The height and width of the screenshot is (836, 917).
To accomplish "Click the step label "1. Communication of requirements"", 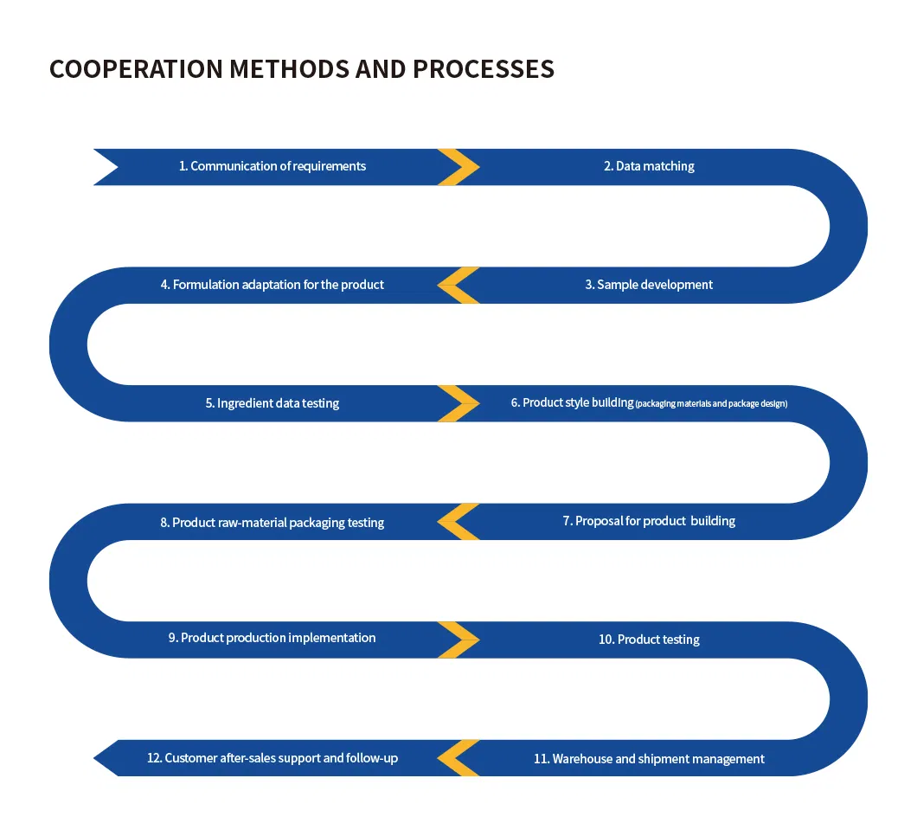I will pyautogui.click(x=273, y=166).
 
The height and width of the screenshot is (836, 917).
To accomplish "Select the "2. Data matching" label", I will pyautogui.click(x=649, y=166).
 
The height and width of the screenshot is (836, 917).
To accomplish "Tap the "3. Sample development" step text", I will pyautogui.click(x=649, y=285).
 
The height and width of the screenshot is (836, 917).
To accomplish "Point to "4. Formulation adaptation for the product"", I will pyautogui.click(x=273, y=285).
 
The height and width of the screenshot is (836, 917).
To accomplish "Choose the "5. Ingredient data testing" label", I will pyautogui.click(x=273, y=403).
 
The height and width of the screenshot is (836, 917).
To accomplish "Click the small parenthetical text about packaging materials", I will pyautogui.click(x=711, y=404).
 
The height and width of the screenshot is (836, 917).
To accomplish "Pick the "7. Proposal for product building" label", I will pyautogui.click(x=649, y=521).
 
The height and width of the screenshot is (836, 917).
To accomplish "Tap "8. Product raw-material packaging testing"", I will pyautogui.click(x=273, y=523).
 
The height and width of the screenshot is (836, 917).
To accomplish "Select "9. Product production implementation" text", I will pyautogui.click(x=273, y=638).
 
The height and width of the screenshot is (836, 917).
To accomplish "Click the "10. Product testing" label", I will pyautogui.click(x=649, y=640).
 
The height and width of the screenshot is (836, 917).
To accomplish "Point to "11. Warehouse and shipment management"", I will pyautogui.click(x=649, y=759).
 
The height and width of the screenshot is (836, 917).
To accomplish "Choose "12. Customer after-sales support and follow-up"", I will pyautogui.click(x=273, y=758).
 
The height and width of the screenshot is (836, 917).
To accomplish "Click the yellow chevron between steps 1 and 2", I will pyautogui.click(x=458, y=167).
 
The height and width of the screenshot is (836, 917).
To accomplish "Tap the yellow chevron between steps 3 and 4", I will pyautogui.click(x=458, y=286).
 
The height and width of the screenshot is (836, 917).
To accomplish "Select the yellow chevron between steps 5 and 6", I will pyautogui.click(x=458, y=403).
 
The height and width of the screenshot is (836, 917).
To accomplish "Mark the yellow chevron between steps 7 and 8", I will pyautogui.click(x=458, y=522).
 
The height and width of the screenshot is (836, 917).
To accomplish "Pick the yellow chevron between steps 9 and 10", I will pyautogui.click(x=458, y=640).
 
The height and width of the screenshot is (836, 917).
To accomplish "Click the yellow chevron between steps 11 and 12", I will pyautogui.click(x=458, y=758).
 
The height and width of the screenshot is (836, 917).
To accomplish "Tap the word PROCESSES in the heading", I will pyautogui.click(x=484, y=69).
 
